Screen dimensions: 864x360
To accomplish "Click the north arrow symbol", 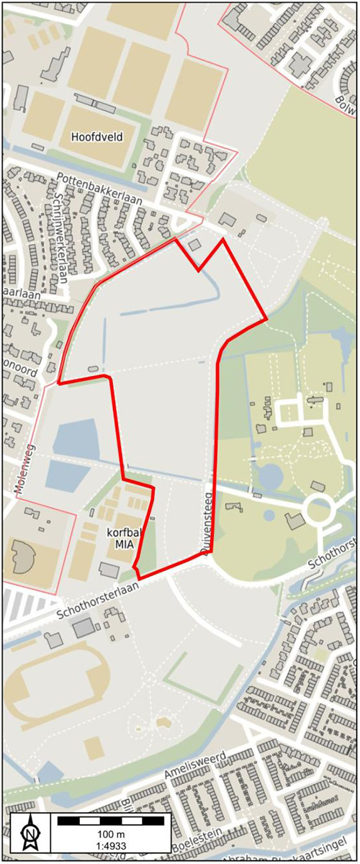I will [x=30, y=834].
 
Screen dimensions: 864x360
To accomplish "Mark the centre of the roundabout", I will [x=319, y=512].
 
